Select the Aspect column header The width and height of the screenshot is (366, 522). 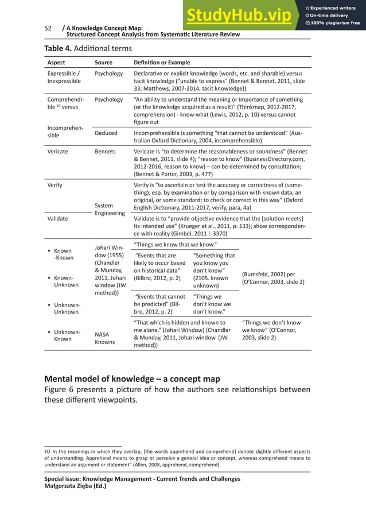point(56,62)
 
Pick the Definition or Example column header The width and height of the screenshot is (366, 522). point(161,62)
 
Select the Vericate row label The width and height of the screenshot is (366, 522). point(58,152)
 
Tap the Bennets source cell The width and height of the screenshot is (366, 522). point(105,152)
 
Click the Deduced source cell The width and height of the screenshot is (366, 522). point(106,133)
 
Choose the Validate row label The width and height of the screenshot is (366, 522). point(58,219)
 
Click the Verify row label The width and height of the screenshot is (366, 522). point(54,185)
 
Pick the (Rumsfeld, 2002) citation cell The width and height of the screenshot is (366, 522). point(273,278)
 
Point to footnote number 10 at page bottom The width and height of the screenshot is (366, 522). point(48,452)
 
